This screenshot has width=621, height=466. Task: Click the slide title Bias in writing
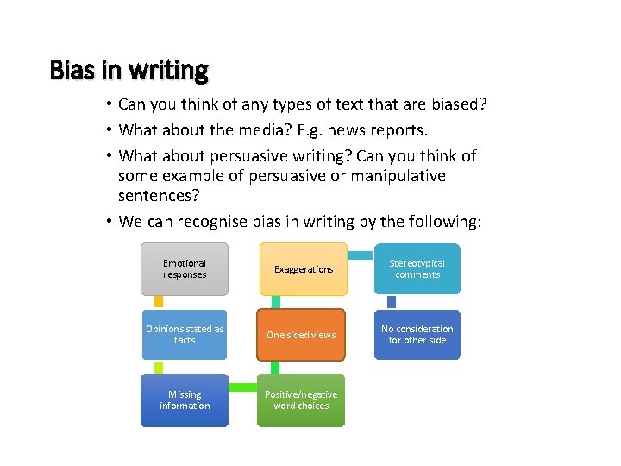[x=129, y=69]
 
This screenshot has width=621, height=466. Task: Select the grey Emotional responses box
[x=185, y=268]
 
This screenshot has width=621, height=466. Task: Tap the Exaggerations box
[x=303, y=268]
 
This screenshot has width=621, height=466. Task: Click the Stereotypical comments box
[x=417, y=268]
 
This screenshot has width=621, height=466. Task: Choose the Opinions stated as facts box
[x=185, y=335]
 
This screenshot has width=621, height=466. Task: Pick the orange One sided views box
[x=301, y=335]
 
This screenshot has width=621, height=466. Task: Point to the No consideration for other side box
[x=417, y=335]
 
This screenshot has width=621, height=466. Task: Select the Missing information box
[x=185, y=400]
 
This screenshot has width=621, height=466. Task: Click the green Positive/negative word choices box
[x=301, y=400]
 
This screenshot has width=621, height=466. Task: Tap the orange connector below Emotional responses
[x=158, y=302]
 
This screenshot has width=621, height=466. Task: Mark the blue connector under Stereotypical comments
[x=391, y=302]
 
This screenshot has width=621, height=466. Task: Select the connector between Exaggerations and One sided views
[x=275, y=302]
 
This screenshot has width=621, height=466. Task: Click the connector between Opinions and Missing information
[x=158, y=368]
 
